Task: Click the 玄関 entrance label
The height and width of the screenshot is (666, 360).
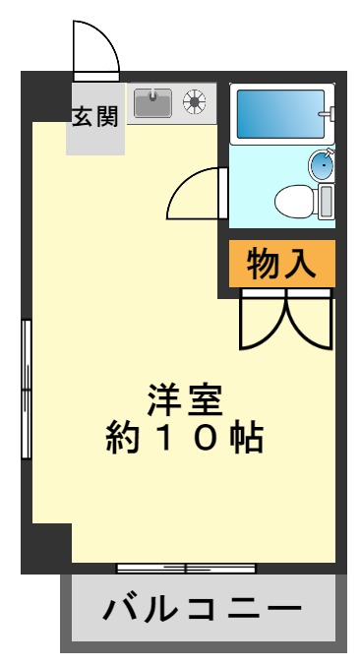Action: (x=95, y=116)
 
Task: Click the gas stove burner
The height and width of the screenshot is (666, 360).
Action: (x=196, y=99)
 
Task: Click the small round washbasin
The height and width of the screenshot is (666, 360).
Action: (x=322, y=164)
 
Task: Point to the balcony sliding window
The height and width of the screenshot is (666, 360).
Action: (x=186, y=568)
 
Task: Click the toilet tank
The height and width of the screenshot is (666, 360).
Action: (x=327, y=203)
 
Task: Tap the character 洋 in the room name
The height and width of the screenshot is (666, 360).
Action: (x=164, y=399)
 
